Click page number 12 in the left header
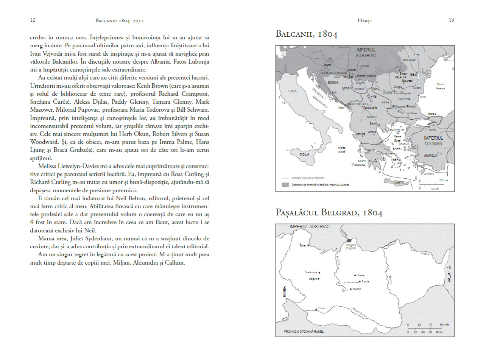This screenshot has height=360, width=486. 33,20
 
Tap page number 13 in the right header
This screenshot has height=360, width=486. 451,20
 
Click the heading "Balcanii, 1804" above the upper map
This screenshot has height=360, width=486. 307,34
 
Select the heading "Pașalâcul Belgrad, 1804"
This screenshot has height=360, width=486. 329,213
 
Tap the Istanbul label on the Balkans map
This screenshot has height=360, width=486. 432,114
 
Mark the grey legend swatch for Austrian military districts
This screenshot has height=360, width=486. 285,185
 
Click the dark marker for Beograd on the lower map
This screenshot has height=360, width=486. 349,240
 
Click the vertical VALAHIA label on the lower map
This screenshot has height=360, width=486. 450,275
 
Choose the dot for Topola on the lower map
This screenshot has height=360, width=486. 360,281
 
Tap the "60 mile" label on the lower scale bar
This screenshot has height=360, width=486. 444,325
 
